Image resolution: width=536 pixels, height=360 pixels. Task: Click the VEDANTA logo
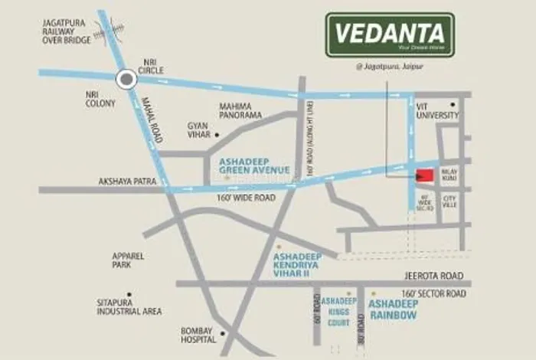tap(390, 34)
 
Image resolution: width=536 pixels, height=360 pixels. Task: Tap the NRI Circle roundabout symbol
tap(126, 77)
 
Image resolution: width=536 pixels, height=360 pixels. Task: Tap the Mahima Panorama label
tap(240, 110)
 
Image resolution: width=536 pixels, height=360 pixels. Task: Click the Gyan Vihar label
tap(198, 129)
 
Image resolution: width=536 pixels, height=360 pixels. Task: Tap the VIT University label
tap(437, 110)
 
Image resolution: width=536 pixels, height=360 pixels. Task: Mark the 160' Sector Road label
tap(433, 294)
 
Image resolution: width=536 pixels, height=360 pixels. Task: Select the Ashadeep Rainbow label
tap(393, 309)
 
